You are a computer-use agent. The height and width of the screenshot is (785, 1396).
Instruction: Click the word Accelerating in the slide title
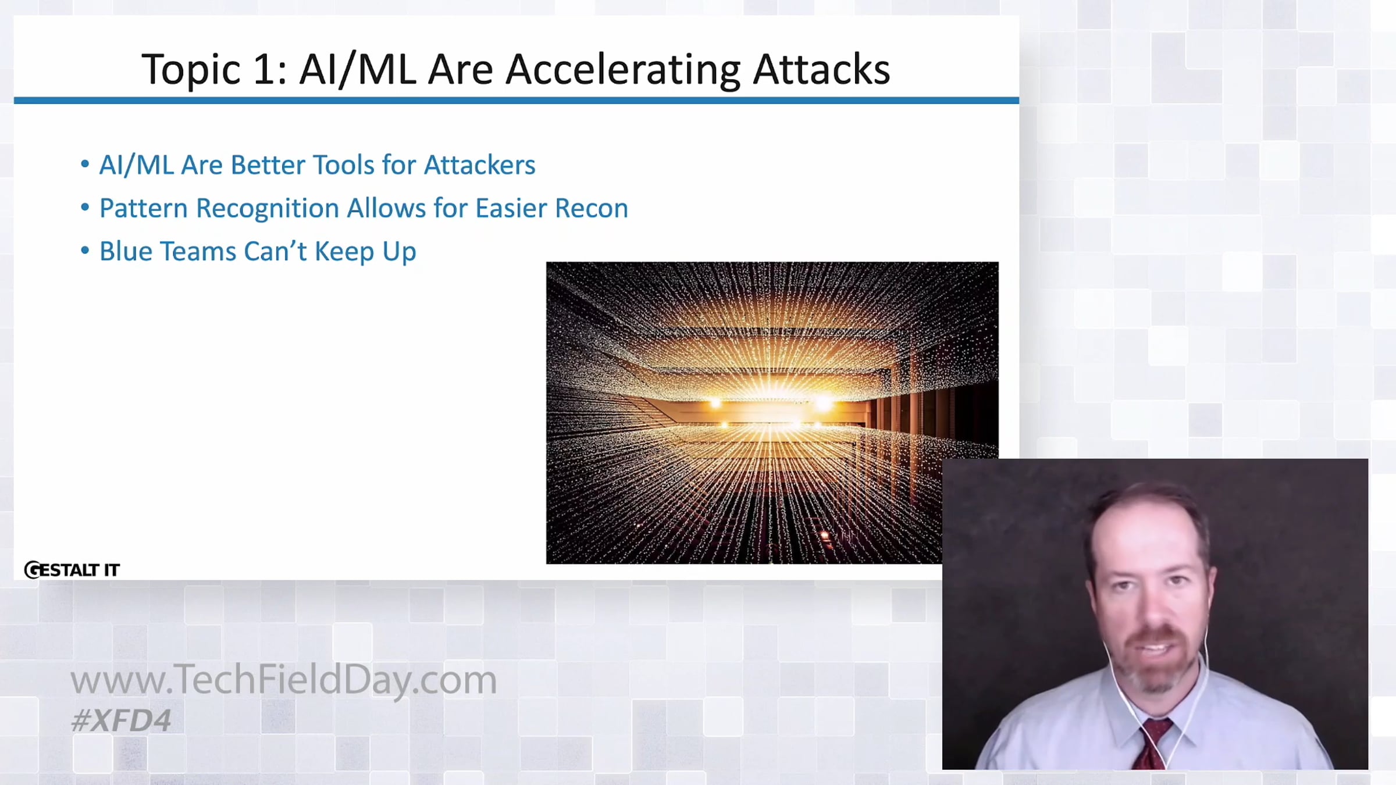(623, 70)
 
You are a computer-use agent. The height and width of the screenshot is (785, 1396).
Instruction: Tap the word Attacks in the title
(821, 69)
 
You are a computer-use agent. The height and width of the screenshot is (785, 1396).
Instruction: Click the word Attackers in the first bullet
(479, 165)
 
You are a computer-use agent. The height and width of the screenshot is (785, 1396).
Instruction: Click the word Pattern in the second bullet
(144, 208)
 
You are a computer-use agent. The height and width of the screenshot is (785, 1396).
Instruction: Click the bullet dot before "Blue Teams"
(85, 251)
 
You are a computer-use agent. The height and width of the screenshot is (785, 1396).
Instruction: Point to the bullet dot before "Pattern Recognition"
(85, 207)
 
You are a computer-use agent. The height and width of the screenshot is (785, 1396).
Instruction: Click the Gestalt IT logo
(72, 570)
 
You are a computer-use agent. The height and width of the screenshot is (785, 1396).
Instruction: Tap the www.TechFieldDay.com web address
(284, 680)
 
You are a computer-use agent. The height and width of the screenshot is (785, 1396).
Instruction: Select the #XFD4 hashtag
(121, 720)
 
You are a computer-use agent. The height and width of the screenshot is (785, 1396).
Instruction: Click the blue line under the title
(517, 101)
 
